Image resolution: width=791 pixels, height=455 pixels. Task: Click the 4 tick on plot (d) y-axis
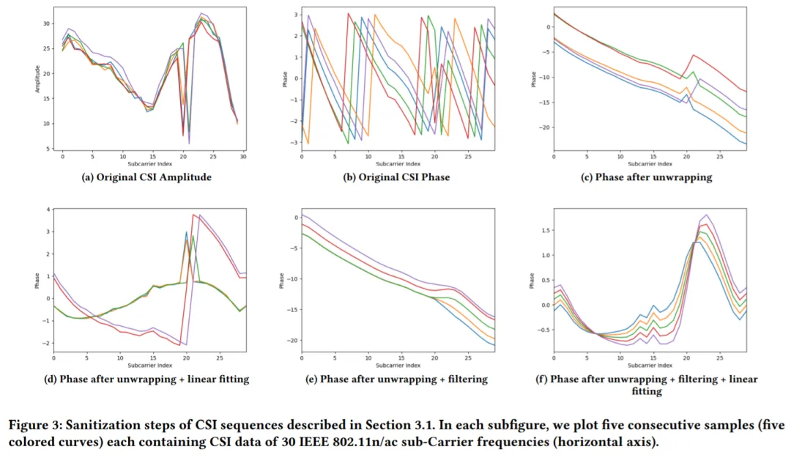coord(48,210)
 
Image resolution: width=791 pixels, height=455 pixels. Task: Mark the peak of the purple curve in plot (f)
coord(706,215)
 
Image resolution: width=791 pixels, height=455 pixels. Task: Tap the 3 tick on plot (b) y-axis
coord(294,14)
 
